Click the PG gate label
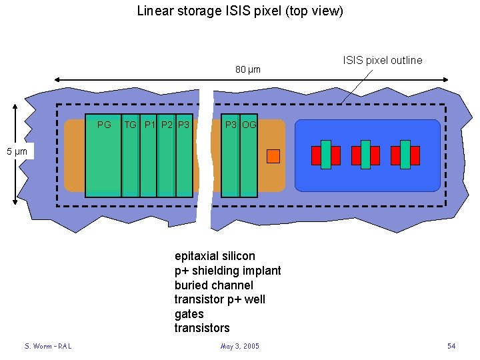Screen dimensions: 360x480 pyautogui.click(x=104, y=125)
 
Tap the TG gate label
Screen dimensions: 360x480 pyautogui.click(x=131, y=125)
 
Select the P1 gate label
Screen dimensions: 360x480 pyautogui.click(x=150, y=125)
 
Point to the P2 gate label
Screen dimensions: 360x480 pyautogui.click(x=167, y=125)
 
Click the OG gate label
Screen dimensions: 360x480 pyautogui.click(x=249, y=125)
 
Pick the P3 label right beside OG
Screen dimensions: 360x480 pyautogui.click(x=231, y=125)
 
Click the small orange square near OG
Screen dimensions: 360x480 pyautogui.click(x=273, y=156)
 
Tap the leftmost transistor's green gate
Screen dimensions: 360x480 pyautogui.click(x=326, y=155)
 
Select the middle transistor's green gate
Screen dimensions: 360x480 pyautogui.click(x=365, y=155)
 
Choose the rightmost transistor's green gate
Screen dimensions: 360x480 pyautogui.click(x=405, y=155)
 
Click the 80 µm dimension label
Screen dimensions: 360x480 pyautogui.click(x=248, y=69)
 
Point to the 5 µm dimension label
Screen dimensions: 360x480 pyautogui.click(x=17, y=152)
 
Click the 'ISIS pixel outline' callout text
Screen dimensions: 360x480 pyautogui.click(x=383, y=61)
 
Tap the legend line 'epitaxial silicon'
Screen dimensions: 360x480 pyautogui.click(x=215, y=256)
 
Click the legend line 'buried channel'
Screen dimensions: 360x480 pyautogui.click(x=214, y=285)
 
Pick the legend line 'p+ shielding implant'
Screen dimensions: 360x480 pyautogui.click(x=227, y=271)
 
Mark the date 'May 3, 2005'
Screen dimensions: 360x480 pyautogui.click(x=240, y=346)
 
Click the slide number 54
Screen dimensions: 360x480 pyautogui.click(x=451, y=346)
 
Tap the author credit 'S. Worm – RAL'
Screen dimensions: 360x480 pyautogui.click(x=48, y=346)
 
